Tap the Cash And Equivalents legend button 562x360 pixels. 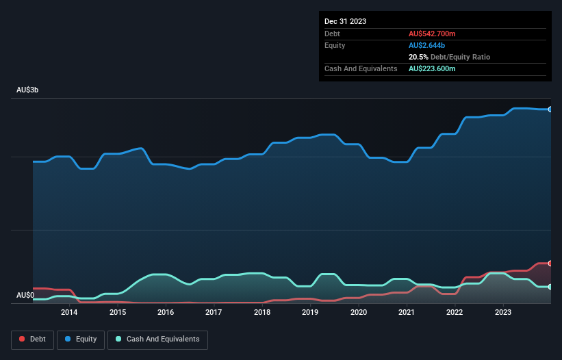[157, 339]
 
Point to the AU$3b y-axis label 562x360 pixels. [27, 90]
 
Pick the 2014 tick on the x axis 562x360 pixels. [69, 313]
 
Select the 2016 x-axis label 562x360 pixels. [166, 313]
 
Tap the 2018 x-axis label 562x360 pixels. [262, 313]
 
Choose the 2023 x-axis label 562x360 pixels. [503, 313]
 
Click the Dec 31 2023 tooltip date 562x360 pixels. [345, 21]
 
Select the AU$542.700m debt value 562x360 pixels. [432, 34]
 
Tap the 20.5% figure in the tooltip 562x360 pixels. [418, 57]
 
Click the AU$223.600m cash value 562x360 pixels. [432, 68]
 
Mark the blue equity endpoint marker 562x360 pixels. [550, 110]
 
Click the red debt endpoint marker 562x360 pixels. [550, 263]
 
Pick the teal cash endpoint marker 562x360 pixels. [550, 287]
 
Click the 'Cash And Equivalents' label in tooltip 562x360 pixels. [361, 68]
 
